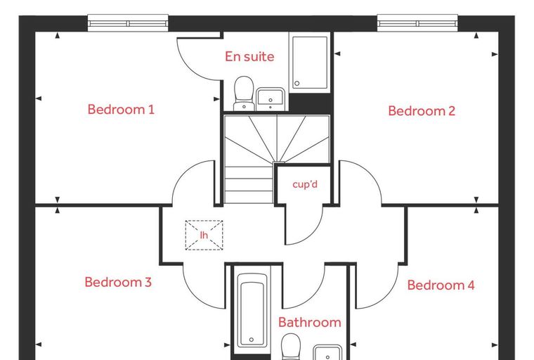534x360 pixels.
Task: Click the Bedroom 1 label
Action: pos(121,110)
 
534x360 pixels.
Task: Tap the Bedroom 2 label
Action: pos(422,111)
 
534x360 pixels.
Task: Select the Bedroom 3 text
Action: pos(118,282)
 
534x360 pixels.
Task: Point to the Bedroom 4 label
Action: pos(441,285)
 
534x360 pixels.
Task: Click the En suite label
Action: pos(249,56)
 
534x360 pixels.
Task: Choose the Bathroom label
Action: pos(310,322)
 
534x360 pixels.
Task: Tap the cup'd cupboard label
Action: pos(305,184)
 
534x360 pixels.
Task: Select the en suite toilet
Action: pos(245,94)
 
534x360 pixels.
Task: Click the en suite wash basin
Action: pos(271,99)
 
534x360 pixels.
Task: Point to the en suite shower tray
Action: pos(310,62)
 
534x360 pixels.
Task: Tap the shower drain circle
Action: pos(297,83)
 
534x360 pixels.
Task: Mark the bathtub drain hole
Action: pos(252,340)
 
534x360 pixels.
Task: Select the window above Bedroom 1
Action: pos(128,23)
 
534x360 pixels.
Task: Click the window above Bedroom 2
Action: pos(417,23)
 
